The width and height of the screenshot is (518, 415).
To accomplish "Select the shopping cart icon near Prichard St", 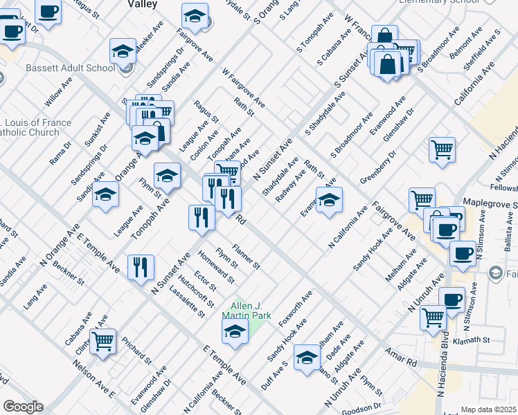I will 102,341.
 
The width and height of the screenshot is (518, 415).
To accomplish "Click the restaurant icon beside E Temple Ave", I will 141,266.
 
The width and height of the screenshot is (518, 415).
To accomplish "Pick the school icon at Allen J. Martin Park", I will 235,331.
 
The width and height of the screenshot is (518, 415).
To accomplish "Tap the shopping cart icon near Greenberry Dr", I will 442,149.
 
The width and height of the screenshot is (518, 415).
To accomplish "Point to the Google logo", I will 23,407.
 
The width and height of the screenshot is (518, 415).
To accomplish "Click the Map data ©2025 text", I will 488,409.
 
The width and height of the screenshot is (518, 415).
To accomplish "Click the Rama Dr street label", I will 60,154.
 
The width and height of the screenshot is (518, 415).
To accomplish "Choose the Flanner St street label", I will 246,257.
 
